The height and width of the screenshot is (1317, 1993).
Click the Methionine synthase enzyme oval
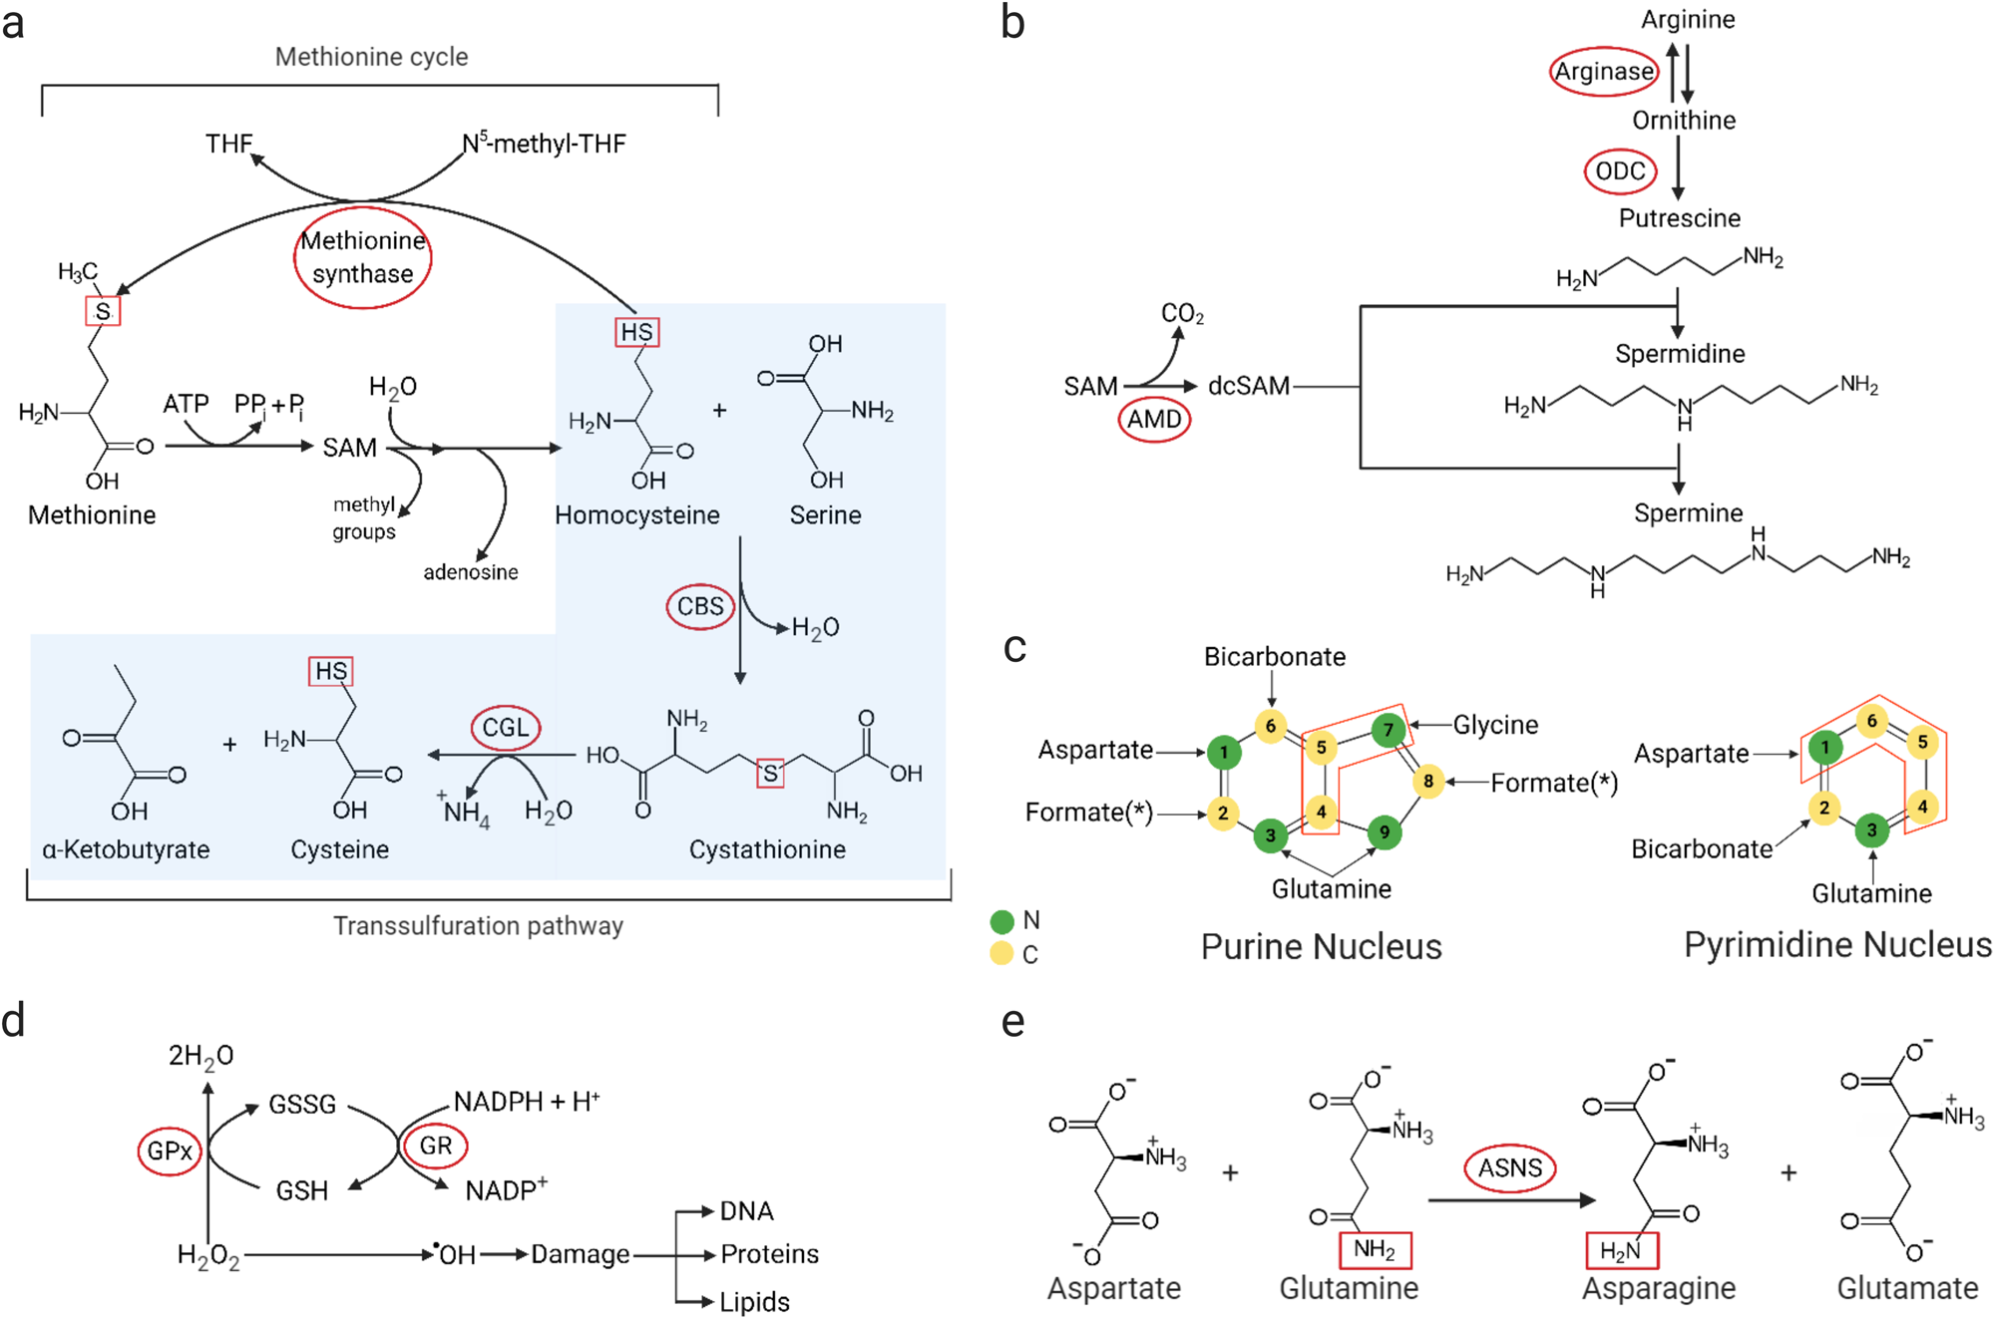click(x=363, y=257)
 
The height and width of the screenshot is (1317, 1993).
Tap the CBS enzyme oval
click(x=700, y=606)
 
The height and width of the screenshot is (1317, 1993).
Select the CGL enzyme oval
click(x=506, y=728)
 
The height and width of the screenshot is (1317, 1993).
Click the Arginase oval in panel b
click(x=1604, y=71)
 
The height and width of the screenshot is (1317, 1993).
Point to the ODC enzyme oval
click(x=1620, y=171)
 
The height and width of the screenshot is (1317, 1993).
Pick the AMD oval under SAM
click(x=1154, y=420)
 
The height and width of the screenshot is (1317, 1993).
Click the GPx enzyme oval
click(x=170, y=1152)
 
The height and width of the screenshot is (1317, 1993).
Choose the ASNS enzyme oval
click(x=1509, y=1168)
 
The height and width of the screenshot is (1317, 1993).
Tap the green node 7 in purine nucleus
click(x=1388, y=730)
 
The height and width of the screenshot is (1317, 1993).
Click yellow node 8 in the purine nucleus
click(x=1428, y=781)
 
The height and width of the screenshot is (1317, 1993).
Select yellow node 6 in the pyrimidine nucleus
click(x=1871, y=721)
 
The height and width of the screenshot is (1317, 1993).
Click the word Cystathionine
click(x=767, y=849)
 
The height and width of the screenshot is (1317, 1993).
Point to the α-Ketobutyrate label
click(x=126, y=849)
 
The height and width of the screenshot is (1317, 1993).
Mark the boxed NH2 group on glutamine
click(x=1374, y=1249)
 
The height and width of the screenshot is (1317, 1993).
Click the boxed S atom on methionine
click(x=103, y=312)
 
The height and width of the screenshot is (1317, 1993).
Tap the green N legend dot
click(x=1001, y=921)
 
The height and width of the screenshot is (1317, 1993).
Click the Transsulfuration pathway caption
click(x=478, y=926)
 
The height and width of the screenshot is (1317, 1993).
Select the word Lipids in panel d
click(x=754, y=1302)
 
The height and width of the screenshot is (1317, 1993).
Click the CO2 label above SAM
click(x=1182, y=314)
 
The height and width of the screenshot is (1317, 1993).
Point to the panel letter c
click(x=1014, y=648)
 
